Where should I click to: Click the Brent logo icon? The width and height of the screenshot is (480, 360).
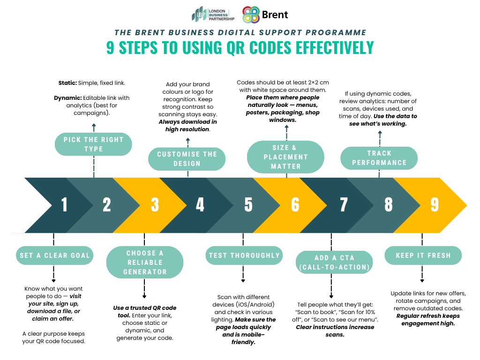click(251, 15)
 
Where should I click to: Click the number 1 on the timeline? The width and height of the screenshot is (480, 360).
click(64, 205)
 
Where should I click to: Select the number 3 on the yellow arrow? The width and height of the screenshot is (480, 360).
click(155, 205)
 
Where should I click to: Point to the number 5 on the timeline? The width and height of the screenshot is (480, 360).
click(248, 205)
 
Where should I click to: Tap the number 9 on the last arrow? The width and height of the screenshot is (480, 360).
click(435, 205)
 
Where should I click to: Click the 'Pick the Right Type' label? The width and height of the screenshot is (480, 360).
click(93, 144)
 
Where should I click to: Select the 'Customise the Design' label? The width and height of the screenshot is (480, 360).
click(187, 159)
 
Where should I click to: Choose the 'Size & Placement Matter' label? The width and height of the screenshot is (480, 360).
click(285, 157)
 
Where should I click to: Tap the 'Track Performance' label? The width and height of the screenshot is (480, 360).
click(379, 158)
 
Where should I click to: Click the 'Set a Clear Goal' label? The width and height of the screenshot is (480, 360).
click(54, 255)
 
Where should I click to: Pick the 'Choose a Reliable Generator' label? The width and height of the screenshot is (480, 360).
click(145, 262)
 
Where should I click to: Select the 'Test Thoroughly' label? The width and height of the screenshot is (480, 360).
click(244, 255)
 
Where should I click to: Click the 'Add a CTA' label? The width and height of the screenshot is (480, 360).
click(334, 262)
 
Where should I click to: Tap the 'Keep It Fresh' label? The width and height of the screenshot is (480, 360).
click(423, 255)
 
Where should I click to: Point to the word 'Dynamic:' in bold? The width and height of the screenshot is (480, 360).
click(68, 98)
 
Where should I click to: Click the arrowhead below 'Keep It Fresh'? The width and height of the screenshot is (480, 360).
click(423, 281)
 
